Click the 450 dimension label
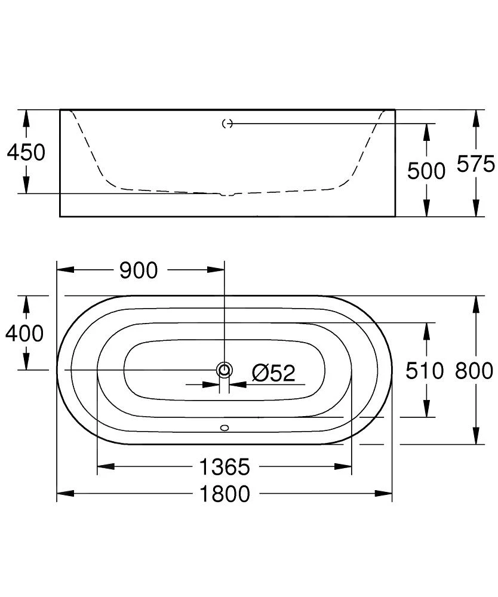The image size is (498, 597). (26, 152)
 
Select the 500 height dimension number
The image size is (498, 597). (426, 171)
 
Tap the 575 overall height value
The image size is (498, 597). (475, 164)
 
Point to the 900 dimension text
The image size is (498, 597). (139, 270)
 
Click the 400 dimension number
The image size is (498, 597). (24, 333)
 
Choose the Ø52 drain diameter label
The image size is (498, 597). (273, 373)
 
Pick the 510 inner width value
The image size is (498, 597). (425, 371)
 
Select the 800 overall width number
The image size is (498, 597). (474, 371)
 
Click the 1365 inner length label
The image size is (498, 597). (225, 467)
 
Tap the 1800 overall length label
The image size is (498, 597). (225, 494)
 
